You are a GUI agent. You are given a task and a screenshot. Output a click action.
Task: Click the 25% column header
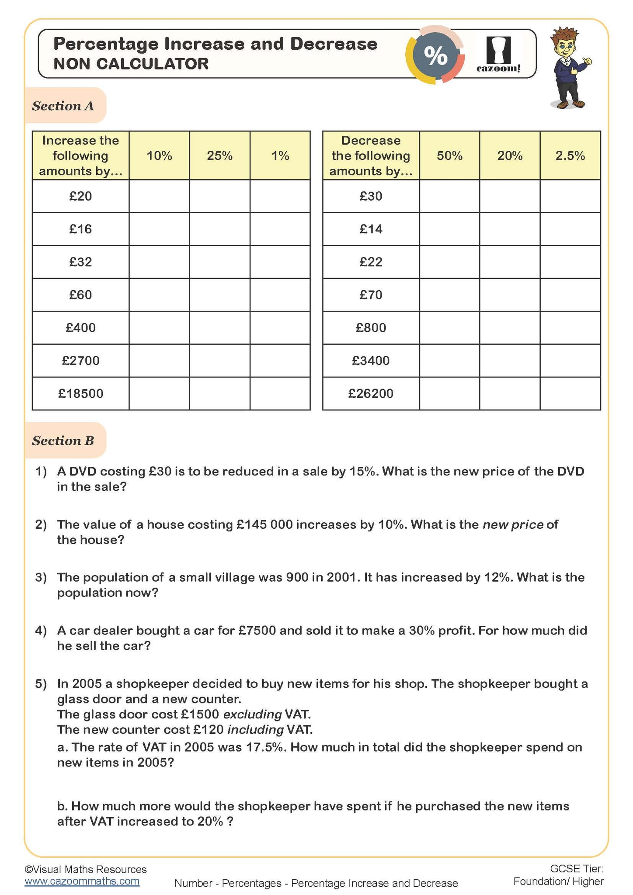219,156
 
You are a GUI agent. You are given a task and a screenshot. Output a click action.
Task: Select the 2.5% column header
570,156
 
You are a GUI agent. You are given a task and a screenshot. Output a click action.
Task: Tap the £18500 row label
81,393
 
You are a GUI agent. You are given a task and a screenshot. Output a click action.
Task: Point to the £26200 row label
371,393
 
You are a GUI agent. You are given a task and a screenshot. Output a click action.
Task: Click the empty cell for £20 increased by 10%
159,196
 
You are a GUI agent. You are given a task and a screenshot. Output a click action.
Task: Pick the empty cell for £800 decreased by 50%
449,328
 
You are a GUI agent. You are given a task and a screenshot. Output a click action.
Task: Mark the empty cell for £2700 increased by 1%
280,361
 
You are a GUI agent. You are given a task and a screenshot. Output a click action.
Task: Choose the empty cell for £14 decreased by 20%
510,229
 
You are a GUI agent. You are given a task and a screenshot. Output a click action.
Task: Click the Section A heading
63,106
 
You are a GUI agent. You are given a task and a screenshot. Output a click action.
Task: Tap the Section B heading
63,441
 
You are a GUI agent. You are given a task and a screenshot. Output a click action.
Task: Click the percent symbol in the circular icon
435,56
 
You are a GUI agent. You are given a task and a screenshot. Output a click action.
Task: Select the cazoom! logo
498,55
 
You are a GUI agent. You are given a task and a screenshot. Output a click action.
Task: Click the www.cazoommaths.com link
82,881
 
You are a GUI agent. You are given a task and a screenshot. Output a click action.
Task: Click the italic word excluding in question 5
252,714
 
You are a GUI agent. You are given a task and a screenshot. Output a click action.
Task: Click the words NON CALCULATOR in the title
131,64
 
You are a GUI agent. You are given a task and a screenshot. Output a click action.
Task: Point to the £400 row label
81,328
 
